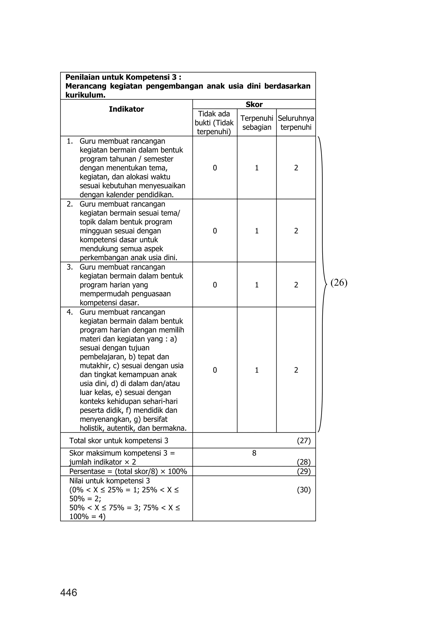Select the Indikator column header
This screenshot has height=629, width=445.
126,109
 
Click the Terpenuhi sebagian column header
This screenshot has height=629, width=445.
257,123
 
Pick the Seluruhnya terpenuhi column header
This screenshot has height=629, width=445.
296,123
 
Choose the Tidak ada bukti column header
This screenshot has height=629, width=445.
214,123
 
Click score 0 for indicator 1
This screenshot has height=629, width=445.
215,168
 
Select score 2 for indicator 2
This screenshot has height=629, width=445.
296,231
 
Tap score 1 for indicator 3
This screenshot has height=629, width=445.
257,285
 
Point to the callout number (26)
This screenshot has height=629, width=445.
339,283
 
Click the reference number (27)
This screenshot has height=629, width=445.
304,441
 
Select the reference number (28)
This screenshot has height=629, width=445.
304,462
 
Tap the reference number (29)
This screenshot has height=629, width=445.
304,472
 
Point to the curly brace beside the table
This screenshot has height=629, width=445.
322,284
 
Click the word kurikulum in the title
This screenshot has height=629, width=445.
85,95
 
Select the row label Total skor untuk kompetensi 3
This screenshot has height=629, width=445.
119,441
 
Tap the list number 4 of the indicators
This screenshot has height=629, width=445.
70,312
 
